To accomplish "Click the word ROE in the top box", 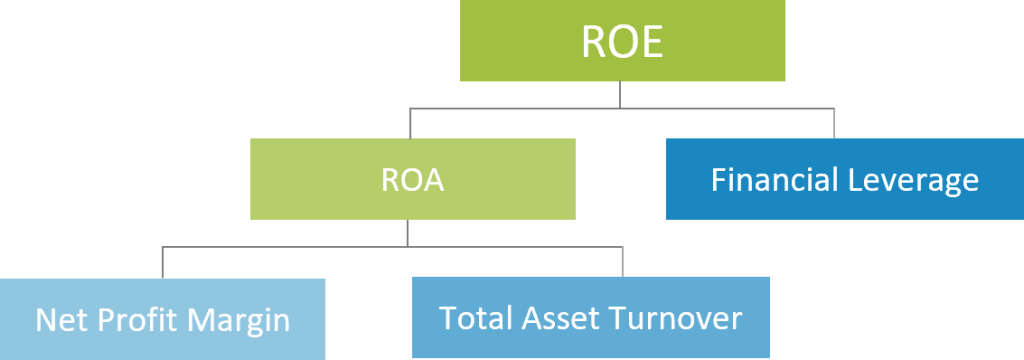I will [x=622, y=43].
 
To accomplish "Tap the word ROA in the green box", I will [x=412, y=181].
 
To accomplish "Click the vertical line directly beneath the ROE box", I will [x=621, y=95].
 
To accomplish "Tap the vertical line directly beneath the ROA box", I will [x=408, y=233].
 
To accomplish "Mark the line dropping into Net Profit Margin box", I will [x=163, y=263].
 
